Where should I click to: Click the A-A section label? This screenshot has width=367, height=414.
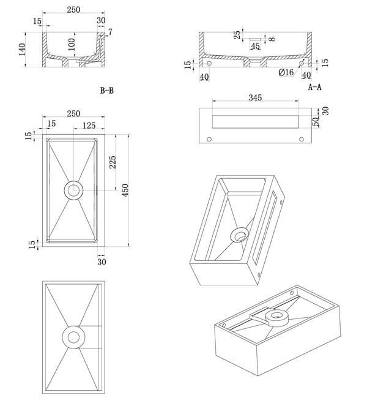[x=314, y=87]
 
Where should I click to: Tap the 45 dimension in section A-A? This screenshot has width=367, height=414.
[x=255, y=46]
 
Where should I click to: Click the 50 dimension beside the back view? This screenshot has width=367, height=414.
[x=316, y=120]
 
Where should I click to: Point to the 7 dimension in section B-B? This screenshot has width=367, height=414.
[x=110, y=31]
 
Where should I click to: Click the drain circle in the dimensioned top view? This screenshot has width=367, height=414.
[x=73, y=190]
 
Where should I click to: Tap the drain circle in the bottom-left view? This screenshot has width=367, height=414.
[x=73, y=336]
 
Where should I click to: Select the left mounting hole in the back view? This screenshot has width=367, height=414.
[x=209, y=139]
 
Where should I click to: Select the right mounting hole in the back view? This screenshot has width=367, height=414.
[x=301, y=139]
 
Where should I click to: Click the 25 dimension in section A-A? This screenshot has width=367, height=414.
[x=237, y=35]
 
